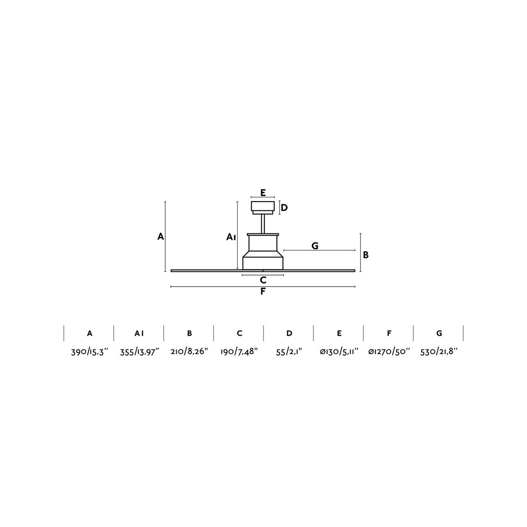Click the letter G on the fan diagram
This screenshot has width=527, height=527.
click(x=315, y=246)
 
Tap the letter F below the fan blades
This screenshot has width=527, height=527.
click(x=263, y=291)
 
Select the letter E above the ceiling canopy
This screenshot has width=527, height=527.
click(x=263, y=193)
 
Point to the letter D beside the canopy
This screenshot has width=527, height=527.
click(x=284, y=208)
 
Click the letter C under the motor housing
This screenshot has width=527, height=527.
click(x=263, y=280)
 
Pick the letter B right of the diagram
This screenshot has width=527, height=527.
click(x=366, y=255)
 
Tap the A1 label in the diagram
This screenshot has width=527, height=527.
click(x=231, y=237)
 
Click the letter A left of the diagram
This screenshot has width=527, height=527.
click(x=161, y=237)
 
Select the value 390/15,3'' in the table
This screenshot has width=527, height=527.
click(x=90, y=352)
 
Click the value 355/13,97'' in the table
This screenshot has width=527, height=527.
click(x=140, y=352)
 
